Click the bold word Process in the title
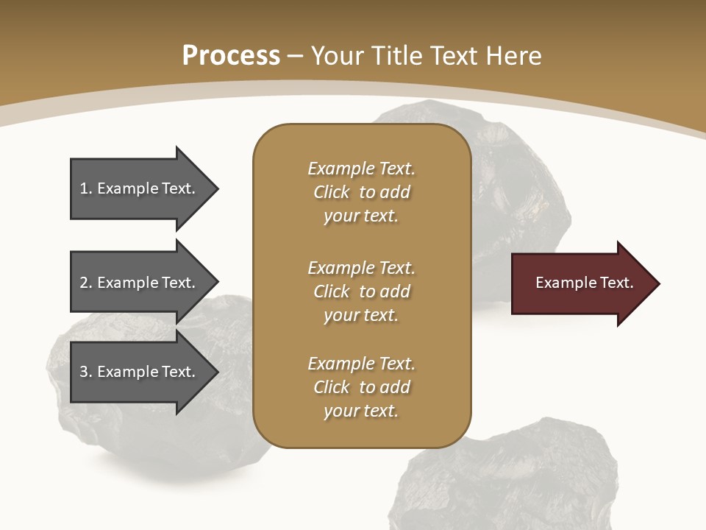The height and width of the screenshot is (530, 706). [x=231, y=55]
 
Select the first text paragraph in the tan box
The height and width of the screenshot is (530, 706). [x=361, y=192]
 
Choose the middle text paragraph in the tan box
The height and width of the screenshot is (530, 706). [x=361, y=291]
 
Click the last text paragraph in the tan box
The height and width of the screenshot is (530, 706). [x=361, y=387]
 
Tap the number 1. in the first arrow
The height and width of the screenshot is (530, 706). [x=85, y=188]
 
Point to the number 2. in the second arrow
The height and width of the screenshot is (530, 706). [x=85, y=283]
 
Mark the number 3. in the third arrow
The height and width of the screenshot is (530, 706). [x=85, y=372]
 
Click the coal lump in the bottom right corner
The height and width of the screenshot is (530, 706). [x=515, y=478]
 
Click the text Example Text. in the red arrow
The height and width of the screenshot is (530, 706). [x=584, y=283]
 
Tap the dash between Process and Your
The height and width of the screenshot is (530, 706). [x=296, y=56]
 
